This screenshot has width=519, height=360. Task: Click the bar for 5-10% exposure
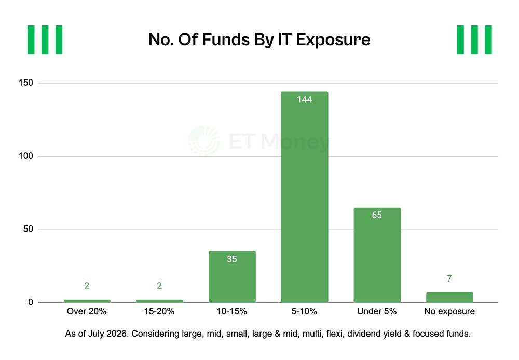(x=305, y=197)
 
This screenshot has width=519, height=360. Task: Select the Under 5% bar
(x=377, y=255)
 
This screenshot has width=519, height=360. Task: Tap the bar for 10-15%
(x=232, y=276)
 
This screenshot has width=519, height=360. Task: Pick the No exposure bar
(x=449, y=297)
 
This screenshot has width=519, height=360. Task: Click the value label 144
(x=305, y=100)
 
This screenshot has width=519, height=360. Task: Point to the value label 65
(x=377, y=215)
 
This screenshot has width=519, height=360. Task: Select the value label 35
(x=232, y=259)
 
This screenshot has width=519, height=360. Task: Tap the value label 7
(x=449, y=278)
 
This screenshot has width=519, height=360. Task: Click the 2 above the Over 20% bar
(x=87, y=286)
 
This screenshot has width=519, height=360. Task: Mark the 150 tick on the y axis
(x=26, y=83)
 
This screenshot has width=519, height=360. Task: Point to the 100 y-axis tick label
(x=26, y=156)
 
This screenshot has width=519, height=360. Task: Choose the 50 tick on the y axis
(x=28, y=229)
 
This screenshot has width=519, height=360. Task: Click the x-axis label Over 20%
(x=87, y=311)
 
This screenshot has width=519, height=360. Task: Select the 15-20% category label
(x=159, y=311)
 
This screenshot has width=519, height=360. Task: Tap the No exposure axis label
(x=449, y=311)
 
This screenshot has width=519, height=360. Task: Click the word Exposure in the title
(x=333, y=40)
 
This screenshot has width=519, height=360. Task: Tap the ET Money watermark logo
(x=204, y=141)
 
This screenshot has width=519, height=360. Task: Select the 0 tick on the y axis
(x=31, y=302)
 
